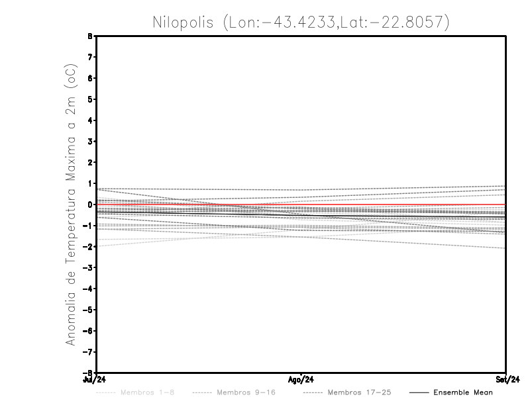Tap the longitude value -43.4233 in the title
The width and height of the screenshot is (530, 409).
coord(294,23)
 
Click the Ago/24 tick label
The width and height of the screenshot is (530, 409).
coord(301,379)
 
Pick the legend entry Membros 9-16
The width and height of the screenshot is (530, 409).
coord(246,392)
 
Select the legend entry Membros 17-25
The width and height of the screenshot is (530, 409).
coord(359,392)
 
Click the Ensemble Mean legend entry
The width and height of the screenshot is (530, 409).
coord(462,392)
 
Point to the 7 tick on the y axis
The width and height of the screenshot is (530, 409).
coord(90,57)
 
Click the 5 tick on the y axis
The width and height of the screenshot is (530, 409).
coord(90,99)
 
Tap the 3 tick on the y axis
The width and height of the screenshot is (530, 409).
coord(90,141)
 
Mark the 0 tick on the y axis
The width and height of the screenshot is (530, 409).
coord(90,204)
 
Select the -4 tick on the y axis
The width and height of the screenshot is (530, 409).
coord(88,289)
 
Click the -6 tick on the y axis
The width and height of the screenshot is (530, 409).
coord(88,330)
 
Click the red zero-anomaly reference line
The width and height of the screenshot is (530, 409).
coord(397,204)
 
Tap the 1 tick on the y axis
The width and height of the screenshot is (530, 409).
coord(90,183)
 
